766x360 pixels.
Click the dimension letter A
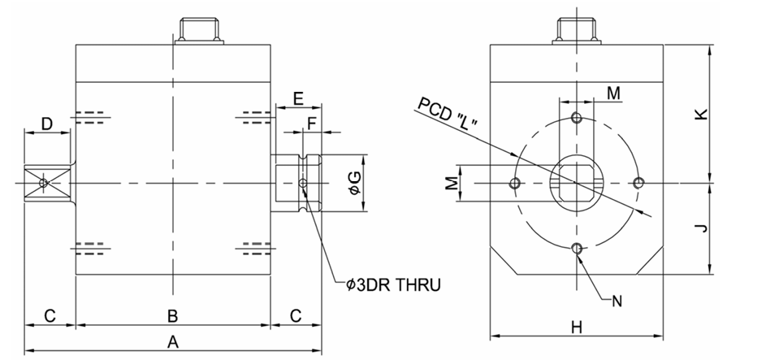172,342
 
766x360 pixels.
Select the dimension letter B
172,314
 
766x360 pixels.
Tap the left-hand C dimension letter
50,314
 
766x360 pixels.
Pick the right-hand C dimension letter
296,314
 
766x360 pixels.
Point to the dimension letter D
47,124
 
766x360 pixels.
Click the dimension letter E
298,99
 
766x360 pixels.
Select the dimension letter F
313,124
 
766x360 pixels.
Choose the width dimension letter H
576,327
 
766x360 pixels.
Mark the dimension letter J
703,228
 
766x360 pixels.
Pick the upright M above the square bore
614,93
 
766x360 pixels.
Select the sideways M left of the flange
450,183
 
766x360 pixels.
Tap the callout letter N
617,301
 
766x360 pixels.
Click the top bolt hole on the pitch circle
577,118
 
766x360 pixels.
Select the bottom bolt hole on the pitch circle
577,248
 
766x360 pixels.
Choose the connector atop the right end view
576,29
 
